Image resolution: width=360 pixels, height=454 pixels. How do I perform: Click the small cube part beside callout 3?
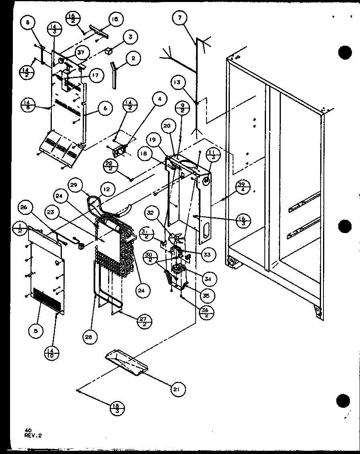(108, 51)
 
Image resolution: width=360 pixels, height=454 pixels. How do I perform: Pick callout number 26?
(24, 207)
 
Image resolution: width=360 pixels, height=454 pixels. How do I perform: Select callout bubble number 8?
(28, 23)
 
